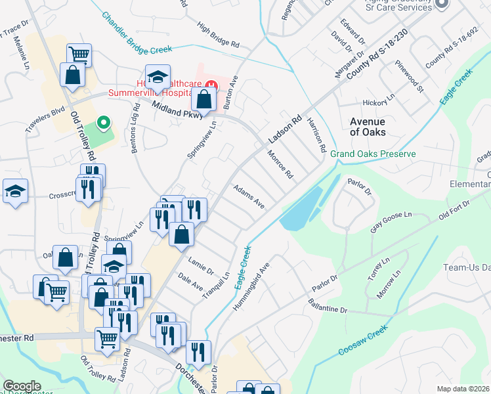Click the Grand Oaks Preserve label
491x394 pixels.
tap(373, 154)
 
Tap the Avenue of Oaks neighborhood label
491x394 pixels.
tap(367, 127)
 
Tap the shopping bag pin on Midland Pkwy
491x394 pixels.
tap(204, 100)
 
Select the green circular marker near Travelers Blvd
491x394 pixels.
tap(102, 123)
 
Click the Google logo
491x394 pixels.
tap(22, 387)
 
